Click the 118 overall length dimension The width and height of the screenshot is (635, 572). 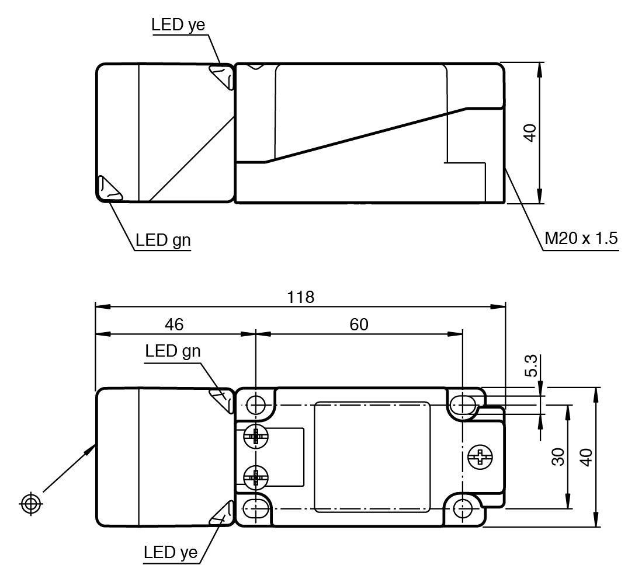tap(300, 297)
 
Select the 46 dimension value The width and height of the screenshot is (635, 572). tap(174, 325)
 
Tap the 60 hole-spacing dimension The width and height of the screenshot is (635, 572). tap(359, 325)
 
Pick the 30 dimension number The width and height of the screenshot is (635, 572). tap(558, 456)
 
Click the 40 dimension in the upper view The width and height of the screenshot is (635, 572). tap(530, 132)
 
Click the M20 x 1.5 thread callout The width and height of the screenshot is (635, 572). tap(581, 239)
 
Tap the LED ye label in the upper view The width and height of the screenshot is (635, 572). tap(178, 25)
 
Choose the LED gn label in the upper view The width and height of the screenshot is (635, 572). tap(163, 239)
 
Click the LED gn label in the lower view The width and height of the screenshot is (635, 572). tap(173, 351)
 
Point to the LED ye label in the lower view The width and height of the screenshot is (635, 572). tap(171, 552)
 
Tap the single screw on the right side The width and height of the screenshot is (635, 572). tap(480, 456)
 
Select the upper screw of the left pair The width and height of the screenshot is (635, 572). tap(255, 435)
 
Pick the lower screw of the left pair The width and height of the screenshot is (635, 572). tap(255, 478)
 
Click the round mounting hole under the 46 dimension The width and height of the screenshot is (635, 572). tap(256, 404)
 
